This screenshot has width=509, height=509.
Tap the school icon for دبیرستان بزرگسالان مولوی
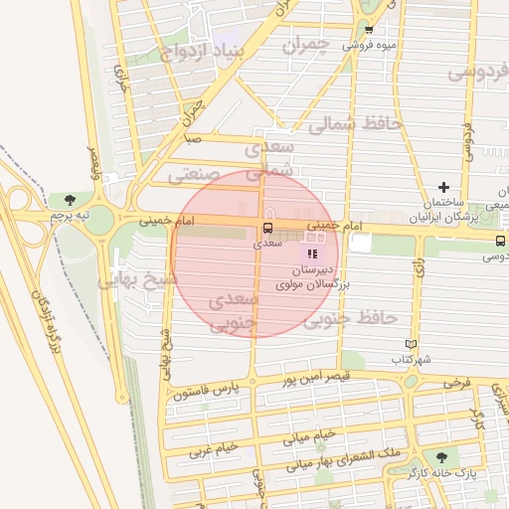click(x=314, y=254)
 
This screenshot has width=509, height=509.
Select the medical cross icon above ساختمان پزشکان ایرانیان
click(x=443, y=187)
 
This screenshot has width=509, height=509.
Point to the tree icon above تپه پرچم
click(x=69, y=200)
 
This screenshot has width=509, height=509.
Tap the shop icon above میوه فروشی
click(x=369, y=30)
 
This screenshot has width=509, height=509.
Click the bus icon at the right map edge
click(x=499, y=240)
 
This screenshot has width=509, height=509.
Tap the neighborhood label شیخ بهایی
click(x=136, y=280)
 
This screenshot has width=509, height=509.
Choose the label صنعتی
click(x=193, y=175)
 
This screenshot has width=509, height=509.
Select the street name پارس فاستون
click(x=207, y=395)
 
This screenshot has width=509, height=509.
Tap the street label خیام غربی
click(x=214, y=448)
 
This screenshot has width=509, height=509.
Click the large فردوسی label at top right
click(x=477, y=73)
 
